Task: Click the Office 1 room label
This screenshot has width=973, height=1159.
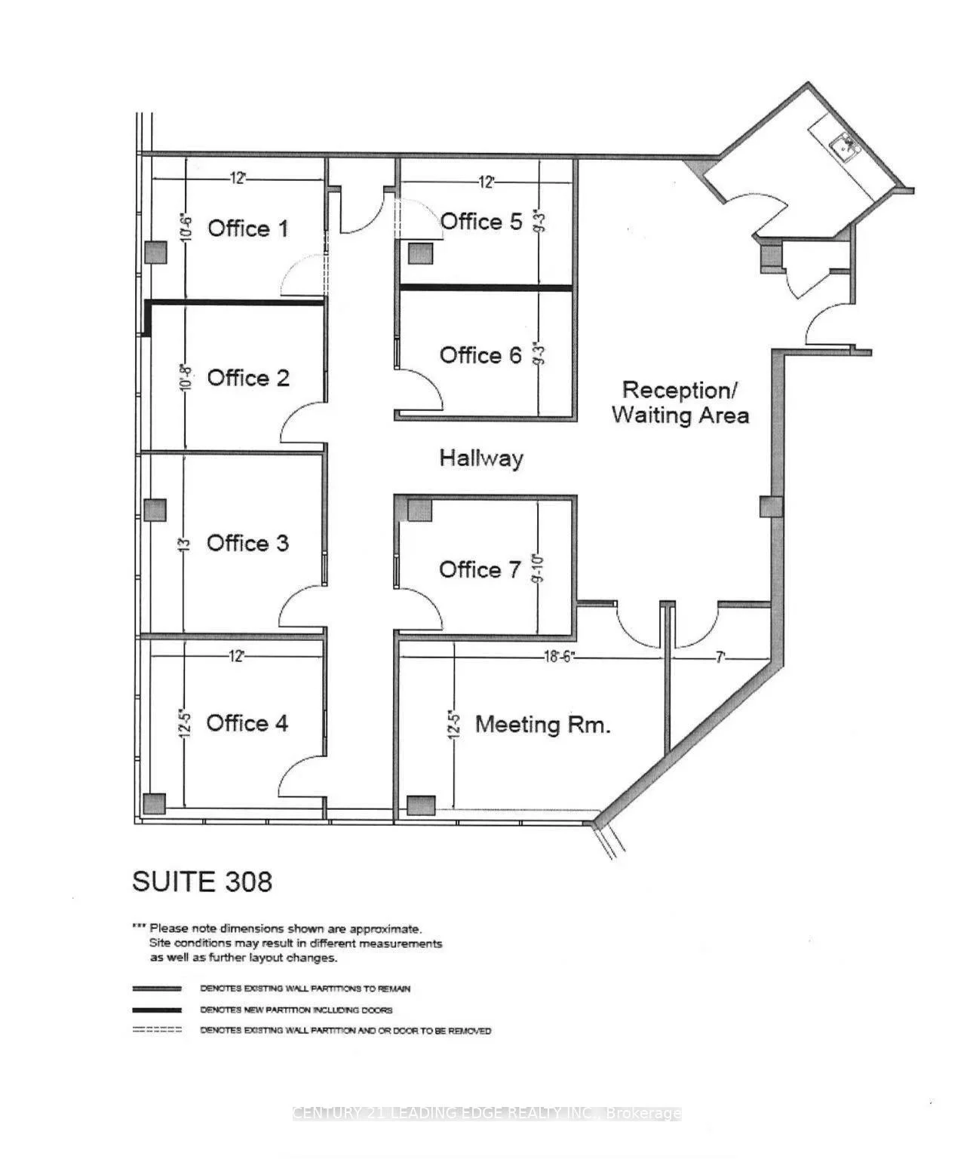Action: pos(247,228)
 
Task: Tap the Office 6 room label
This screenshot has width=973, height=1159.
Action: pos(480,355)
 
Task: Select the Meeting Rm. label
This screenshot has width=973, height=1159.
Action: pos(542,725)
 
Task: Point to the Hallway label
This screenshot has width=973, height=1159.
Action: pos(481,458)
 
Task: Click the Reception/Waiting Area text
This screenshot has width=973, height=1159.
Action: pos(680,403)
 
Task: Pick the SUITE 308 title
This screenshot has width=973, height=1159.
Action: pos(202,882)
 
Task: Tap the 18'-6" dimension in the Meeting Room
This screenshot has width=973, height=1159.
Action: pos(559,657)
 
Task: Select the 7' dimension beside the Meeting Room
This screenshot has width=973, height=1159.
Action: pos(720,658)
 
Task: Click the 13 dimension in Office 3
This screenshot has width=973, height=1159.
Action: pos(183,543)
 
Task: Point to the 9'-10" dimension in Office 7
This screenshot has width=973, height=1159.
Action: pos(538,569)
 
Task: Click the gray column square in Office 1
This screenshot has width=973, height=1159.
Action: pos(155,252)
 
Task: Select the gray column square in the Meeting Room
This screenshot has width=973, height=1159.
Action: pos(421,805)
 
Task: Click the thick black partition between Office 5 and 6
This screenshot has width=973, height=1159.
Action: pos(485,287)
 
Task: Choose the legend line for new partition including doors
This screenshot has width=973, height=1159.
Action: pos(157,1010)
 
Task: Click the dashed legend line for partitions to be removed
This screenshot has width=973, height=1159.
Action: pos(157,1030)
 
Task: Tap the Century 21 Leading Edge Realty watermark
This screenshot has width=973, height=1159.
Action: pos(487,1113)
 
